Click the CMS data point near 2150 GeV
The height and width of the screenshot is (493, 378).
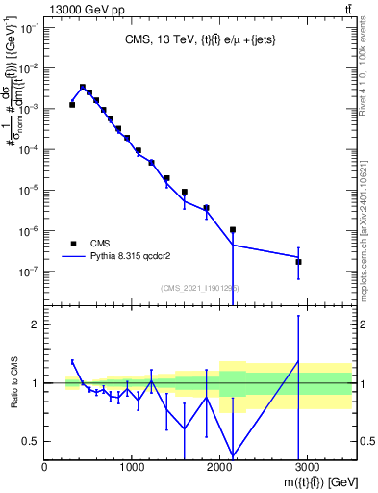[233, 230]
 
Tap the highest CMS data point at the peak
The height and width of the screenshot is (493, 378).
[83, 87]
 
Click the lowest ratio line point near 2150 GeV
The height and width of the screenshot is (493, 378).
[233, 456]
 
